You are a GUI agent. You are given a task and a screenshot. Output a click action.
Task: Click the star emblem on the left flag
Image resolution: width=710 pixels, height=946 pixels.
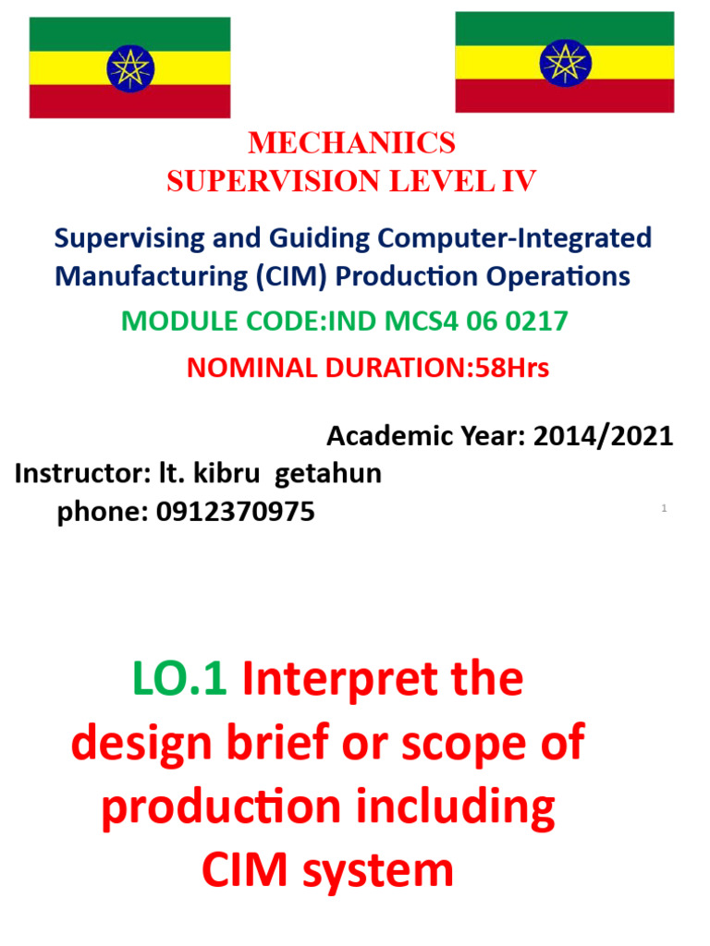click(129, 67)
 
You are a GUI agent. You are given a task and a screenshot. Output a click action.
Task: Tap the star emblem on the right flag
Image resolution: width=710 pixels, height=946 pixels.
click(564, 62)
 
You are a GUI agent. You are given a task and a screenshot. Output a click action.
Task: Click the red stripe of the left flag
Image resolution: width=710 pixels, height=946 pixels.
click(129, 103)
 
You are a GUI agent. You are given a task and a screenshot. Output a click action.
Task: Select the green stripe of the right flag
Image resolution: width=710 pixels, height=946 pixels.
click(564, 28)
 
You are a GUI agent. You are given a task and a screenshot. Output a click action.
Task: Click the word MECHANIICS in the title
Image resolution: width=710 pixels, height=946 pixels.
click(352, 143)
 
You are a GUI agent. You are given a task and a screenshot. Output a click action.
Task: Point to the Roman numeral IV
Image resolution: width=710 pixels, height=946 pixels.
click(518, 182)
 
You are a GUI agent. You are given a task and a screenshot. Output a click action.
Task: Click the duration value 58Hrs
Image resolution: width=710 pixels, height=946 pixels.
click(511, 368)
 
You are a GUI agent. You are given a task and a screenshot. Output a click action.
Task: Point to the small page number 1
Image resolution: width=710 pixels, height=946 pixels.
click(664, 509)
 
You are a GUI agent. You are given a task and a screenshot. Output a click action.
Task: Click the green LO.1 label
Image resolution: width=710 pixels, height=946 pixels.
click(180, 681)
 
